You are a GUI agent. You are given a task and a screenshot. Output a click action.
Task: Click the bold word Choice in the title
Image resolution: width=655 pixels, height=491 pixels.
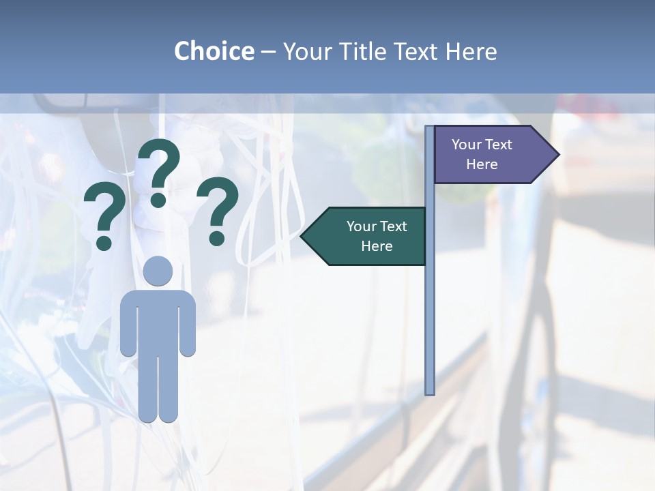coord(214,52)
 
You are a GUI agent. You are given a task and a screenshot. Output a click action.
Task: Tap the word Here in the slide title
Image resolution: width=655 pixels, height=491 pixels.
coord(471,52)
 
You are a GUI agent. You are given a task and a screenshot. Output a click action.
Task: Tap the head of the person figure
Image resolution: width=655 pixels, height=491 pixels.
coord(158,271)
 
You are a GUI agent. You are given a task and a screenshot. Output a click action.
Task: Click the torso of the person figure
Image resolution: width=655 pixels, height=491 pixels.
coord(158,321)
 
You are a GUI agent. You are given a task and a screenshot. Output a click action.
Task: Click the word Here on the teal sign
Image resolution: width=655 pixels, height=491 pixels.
coord(377,246)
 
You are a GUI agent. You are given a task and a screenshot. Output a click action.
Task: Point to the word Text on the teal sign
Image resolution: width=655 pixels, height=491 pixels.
coord(393,226)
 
